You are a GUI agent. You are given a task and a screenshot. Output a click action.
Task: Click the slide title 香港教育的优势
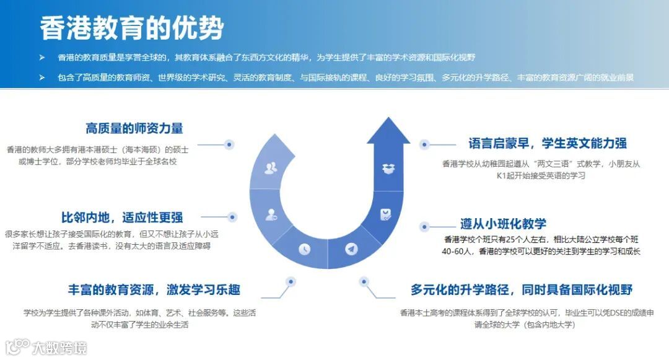(x=131, y=29)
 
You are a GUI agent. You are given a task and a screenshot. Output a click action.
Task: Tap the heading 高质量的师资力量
(x=134, y=129)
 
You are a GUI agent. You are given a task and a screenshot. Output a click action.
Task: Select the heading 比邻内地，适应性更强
(x=122, y=217)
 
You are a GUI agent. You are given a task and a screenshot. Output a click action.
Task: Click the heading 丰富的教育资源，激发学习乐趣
(x=154, y=289)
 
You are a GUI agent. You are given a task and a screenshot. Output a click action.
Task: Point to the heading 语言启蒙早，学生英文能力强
(x=548, y=144)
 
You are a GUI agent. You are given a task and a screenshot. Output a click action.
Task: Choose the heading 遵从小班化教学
(x=503, y=224)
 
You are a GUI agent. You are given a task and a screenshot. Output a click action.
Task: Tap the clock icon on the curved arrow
(x=304, y=248)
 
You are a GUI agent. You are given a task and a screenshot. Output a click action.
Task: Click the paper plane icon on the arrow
(x=352, y=249)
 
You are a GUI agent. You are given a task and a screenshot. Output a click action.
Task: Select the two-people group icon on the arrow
(x=271, y=168)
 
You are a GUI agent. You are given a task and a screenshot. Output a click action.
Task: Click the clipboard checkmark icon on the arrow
(x=385, y=214)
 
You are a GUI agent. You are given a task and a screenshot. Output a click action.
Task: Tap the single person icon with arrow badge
(x=271, y=215)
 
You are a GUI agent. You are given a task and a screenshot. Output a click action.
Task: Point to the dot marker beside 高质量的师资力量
(x=229, y=144)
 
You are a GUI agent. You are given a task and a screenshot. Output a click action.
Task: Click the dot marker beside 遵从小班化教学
(x=425, y=227)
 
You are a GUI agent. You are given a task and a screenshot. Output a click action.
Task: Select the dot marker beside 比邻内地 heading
(x=232, y=217)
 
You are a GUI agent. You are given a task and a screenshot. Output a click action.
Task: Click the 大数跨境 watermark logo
(x=46, y=347)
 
